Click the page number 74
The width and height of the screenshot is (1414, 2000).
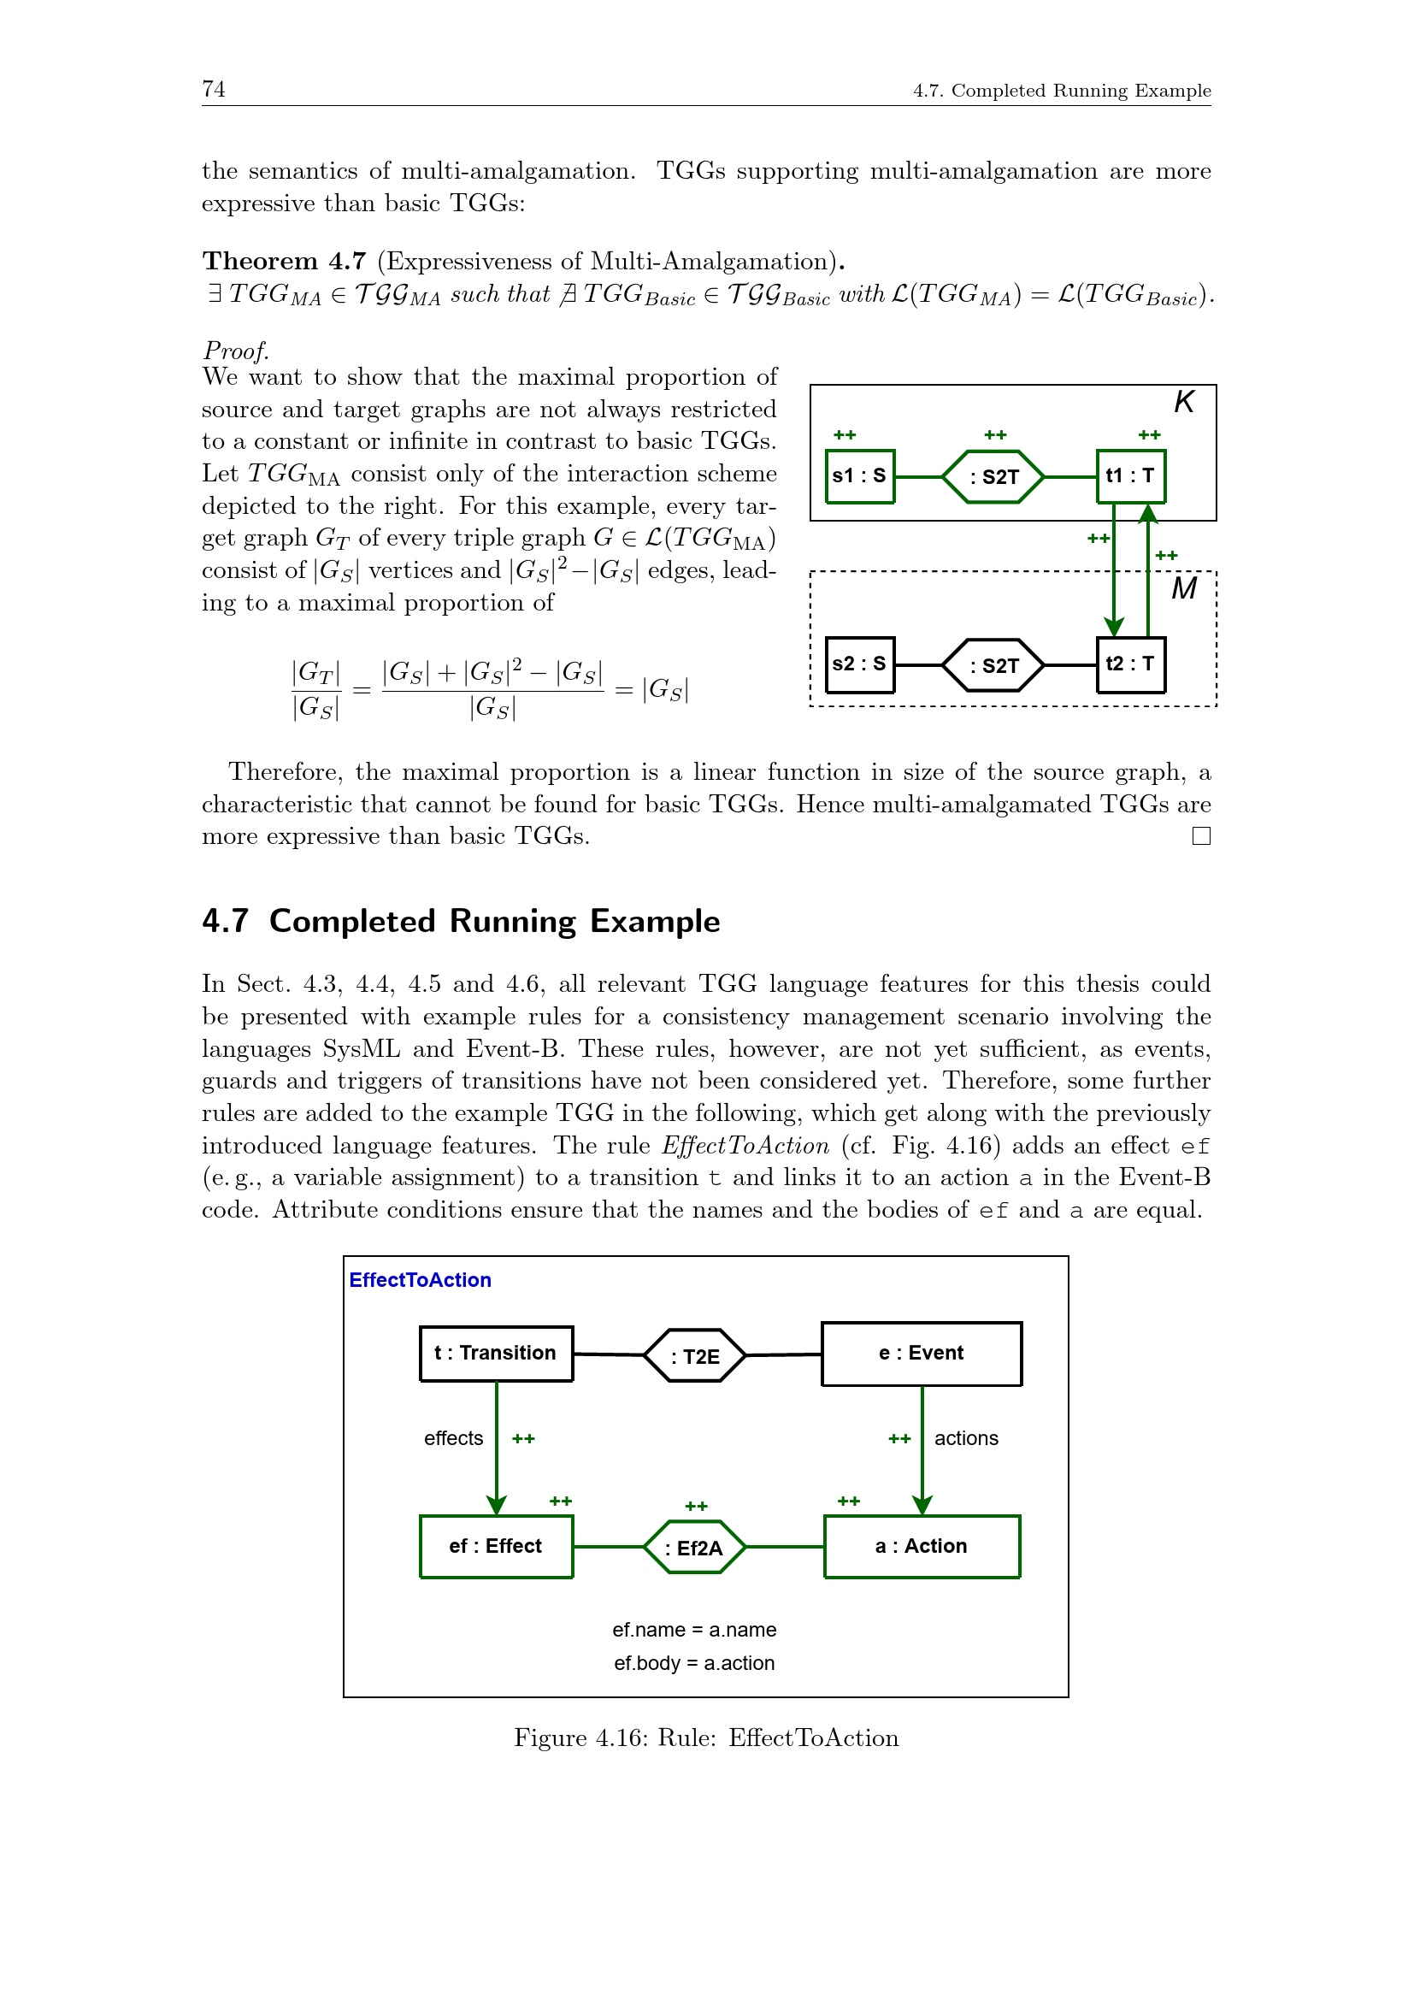point(214,89)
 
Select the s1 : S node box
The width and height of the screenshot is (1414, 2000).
point(859,476)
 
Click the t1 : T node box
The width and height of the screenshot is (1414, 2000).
point(1130,476)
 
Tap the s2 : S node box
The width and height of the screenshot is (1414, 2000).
point(859,664)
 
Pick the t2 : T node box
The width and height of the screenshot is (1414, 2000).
point(1130,664)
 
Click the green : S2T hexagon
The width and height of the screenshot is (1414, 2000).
point(993,476)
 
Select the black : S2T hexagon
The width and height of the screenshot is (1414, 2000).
point(993,665)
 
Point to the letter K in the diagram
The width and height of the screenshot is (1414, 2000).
point(1184,402)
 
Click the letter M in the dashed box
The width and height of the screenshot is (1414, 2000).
point(1184,589)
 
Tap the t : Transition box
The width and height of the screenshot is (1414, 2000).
point(496,1354)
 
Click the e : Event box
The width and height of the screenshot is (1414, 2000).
point(922,1354)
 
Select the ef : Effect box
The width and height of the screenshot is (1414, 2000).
point(496,1547)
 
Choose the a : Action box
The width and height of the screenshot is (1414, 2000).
point(922,1547)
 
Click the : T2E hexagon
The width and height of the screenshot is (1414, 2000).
point(695,1356)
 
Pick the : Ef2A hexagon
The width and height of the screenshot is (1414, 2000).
point(694,1548)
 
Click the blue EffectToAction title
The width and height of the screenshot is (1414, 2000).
point(420,1281)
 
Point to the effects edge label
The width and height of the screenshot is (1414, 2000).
point(453,1439)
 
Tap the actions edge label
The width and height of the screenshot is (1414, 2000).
point(965,1439)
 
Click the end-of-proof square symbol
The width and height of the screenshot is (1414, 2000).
point(1200,836)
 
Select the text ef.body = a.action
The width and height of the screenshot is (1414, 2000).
point(694,1664)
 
